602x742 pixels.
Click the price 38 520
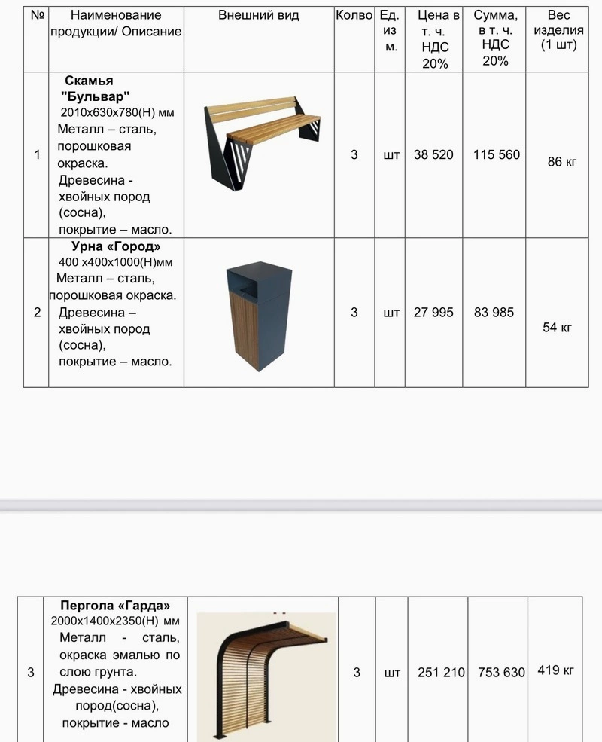[x=433, y=155]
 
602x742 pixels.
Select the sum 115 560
[x=497, y=155]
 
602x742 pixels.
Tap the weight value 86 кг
[x=561, y=161]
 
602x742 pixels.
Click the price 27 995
[x=433, y=312]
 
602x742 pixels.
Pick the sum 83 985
[x=494, y=312]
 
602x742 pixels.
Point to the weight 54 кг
[x=558, y=327]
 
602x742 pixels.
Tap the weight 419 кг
[x=555, y=669]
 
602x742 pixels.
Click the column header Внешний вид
[x=258, y=16]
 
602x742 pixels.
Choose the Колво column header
[x=354, y=16]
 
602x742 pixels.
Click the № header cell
[x=35, y=16]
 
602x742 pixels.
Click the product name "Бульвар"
[x=95, y=96]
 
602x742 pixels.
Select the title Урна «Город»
[x=116, y=246]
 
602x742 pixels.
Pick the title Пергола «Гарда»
[x=115, y=606]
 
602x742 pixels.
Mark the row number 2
[x=37, y=312]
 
